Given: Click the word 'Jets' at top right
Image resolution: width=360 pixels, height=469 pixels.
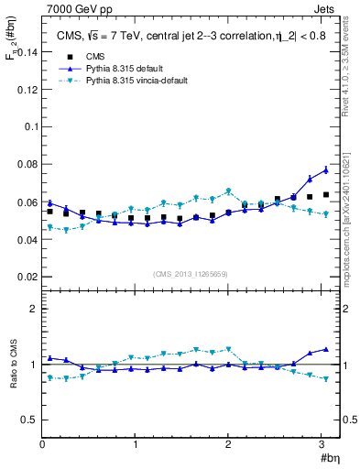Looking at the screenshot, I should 323,10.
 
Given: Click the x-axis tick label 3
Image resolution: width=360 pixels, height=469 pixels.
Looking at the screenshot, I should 319,444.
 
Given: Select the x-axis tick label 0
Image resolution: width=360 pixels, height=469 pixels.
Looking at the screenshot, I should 42,444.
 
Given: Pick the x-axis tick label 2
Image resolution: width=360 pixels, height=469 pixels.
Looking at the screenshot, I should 226,444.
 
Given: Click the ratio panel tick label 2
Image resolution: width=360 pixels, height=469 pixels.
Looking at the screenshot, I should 33,309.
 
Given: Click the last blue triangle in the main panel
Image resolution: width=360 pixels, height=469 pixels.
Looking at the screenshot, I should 325,169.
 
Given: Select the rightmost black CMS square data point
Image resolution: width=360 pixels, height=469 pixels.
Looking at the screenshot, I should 325,194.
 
